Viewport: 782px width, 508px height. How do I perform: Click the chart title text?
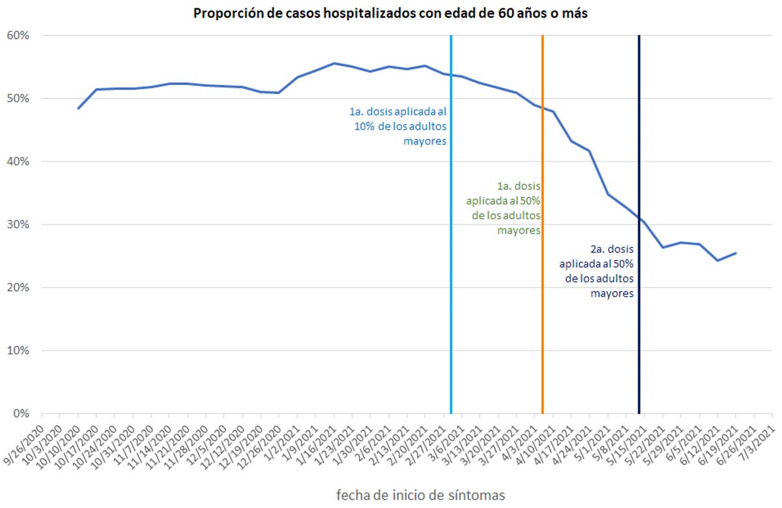point(391,14)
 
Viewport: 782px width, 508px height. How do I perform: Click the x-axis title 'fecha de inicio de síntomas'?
point(420,494)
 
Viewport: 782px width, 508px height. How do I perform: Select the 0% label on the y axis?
point(21,413)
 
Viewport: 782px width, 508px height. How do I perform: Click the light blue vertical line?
point(451,261)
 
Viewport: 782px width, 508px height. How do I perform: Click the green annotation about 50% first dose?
point(503,208)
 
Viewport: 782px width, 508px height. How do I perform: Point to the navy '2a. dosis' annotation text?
point(597,271)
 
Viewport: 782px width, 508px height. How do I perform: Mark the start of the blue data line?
point(78,108)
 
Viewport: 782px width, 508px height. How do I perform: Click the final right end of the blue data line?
point(736,253)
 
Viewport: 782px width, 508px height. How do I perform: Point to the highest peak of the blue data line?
point(334,63)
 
